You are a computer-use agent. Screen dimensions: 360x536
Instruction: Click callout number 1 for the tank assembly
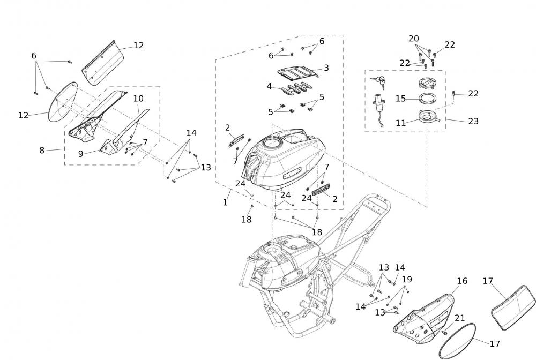225,202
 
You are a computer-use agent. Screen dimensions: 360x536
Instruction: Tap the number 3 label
326,68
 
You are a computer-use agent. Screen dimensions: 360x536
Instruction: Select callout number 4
269,86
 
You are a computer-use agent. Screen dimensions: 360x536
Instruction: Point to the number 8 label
42,151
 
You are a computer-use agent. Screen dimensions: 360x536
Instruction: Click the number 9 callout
80,154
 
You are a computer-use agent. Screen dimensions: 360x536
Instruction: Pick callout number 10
138,99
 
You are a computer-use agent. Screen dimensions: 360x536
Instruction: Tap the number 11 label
400,123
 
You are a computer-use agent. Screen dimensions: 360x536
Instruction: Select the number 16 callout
462,281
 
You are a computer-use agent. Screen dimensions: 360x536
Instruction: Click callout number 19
407,279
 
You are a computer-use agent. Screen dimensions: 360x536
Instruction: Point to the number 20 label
413,39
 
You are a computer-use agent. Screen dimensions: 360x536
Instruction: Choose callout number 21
459,318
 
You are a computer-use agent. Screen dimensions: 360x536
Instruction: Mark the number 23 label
473,122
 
